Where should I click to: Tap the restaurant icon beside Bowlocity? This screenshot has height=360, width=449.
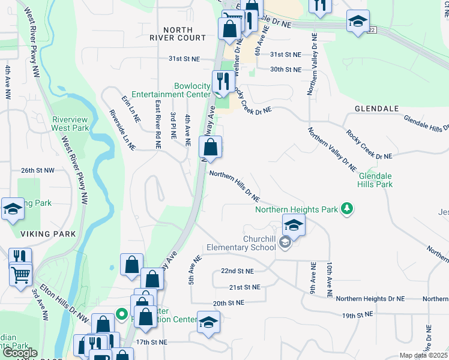[x=223, y=81]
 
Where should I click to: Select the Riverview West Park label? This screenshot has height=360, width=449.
[x=70, y=124]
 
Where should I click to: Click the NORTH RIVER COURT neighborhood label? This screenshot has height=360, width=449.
[x=179, y=34]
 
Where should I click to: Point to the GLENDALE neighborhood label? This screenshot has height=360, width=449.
[x=377, y=108]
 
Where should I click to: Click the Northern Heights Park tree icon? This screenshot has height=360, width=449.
[x=346, y=209]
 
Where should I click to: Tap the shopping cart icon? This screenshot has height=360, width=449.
[x=20, y=275]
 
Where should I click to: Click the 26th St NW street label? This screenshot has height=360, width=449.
[x=37, y=170]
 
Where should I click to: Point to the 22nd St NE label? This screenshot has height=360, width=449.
[x=237, y=271]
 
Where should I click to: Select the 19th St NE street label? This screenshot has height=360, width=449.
[x=357, y=314]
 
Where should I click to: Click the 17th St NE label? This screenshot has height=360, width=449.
[x=151, y=341]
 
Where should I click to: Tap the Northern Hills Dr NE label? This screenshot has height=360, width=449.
[x=235, y=186]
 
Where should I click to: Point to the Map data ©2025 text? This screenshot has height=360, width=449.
[x=423, y=355]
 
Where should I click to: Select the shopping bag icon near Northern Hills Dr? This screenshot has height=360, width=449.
[x=211, y=147]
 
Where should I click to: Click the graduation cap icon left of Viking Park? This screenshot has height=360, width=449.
[x=12, y=209]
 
